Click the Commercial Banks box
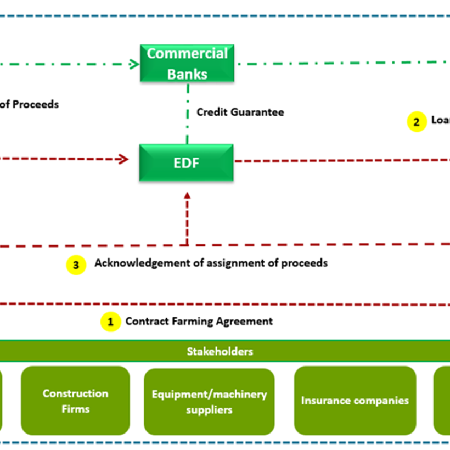pyautogui.click(x=187, y=64)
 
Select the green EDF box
pyautogui.click(x=187, y=162)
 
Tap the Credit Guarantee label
pyautogui.click(x=240, y=112)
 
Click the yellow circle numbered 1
pyautogui.click(x=110, y=322)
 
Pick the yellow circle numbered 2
pyautogui.click(x=417, y=122)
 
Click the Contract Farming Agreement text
pyautogui.click(x=199, y=321)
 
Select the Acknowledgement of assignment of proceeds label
pyautogui.click(x=211, y=263)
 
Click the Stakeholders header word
pyautogui.click(x=220, y=351)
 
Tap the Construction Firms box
pyautogui.click(x=75, y=401)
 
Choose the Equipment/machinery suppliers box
pyautogui.click(x=209, y=401)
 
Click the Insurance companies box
pyautogui.click(x=355, y=401)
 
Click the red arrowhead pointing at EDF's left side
pyautogui.click(x=124, y=159)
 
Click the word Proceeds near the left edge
pyautogui.click(x=35, y=104)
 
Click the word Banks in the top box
pyautogui.click(x=187, y=74)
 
